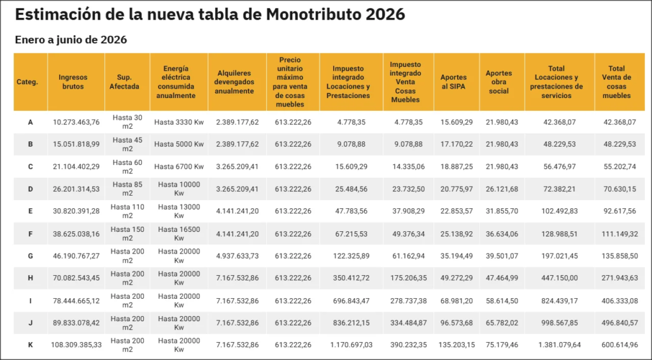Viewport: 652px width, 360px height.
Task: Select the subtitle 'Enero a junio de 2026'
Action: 71,40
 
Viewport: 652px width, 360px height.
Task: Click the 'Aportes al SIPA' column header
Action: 453,82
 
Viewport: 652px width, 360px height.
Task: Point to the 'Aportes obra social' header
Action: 498,82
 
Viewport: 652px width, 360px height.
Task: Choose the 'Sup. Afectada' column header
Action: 124,82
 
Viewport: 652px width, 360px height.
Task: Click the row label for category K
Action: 30,345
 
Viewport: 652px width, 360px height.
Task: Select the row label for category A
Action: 30,122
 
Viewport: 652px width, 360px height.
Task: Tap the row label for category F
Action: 30,234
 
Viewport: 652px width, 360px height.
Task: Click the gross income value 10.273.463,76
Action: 76,122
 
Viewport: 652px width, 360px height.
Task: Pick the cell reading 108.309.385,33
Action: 76,345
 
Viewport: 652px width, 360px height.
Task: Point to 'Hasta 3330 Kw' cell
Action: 179,122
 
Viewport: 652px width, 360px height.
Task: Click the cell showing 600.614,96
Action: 619,345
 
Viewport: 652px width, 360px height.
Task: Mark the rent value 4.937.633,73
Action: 237,256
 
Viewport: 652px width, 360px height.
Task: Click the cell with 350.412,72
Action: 348,278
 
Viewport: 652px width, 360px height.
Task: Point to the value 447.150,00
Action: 560,278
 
